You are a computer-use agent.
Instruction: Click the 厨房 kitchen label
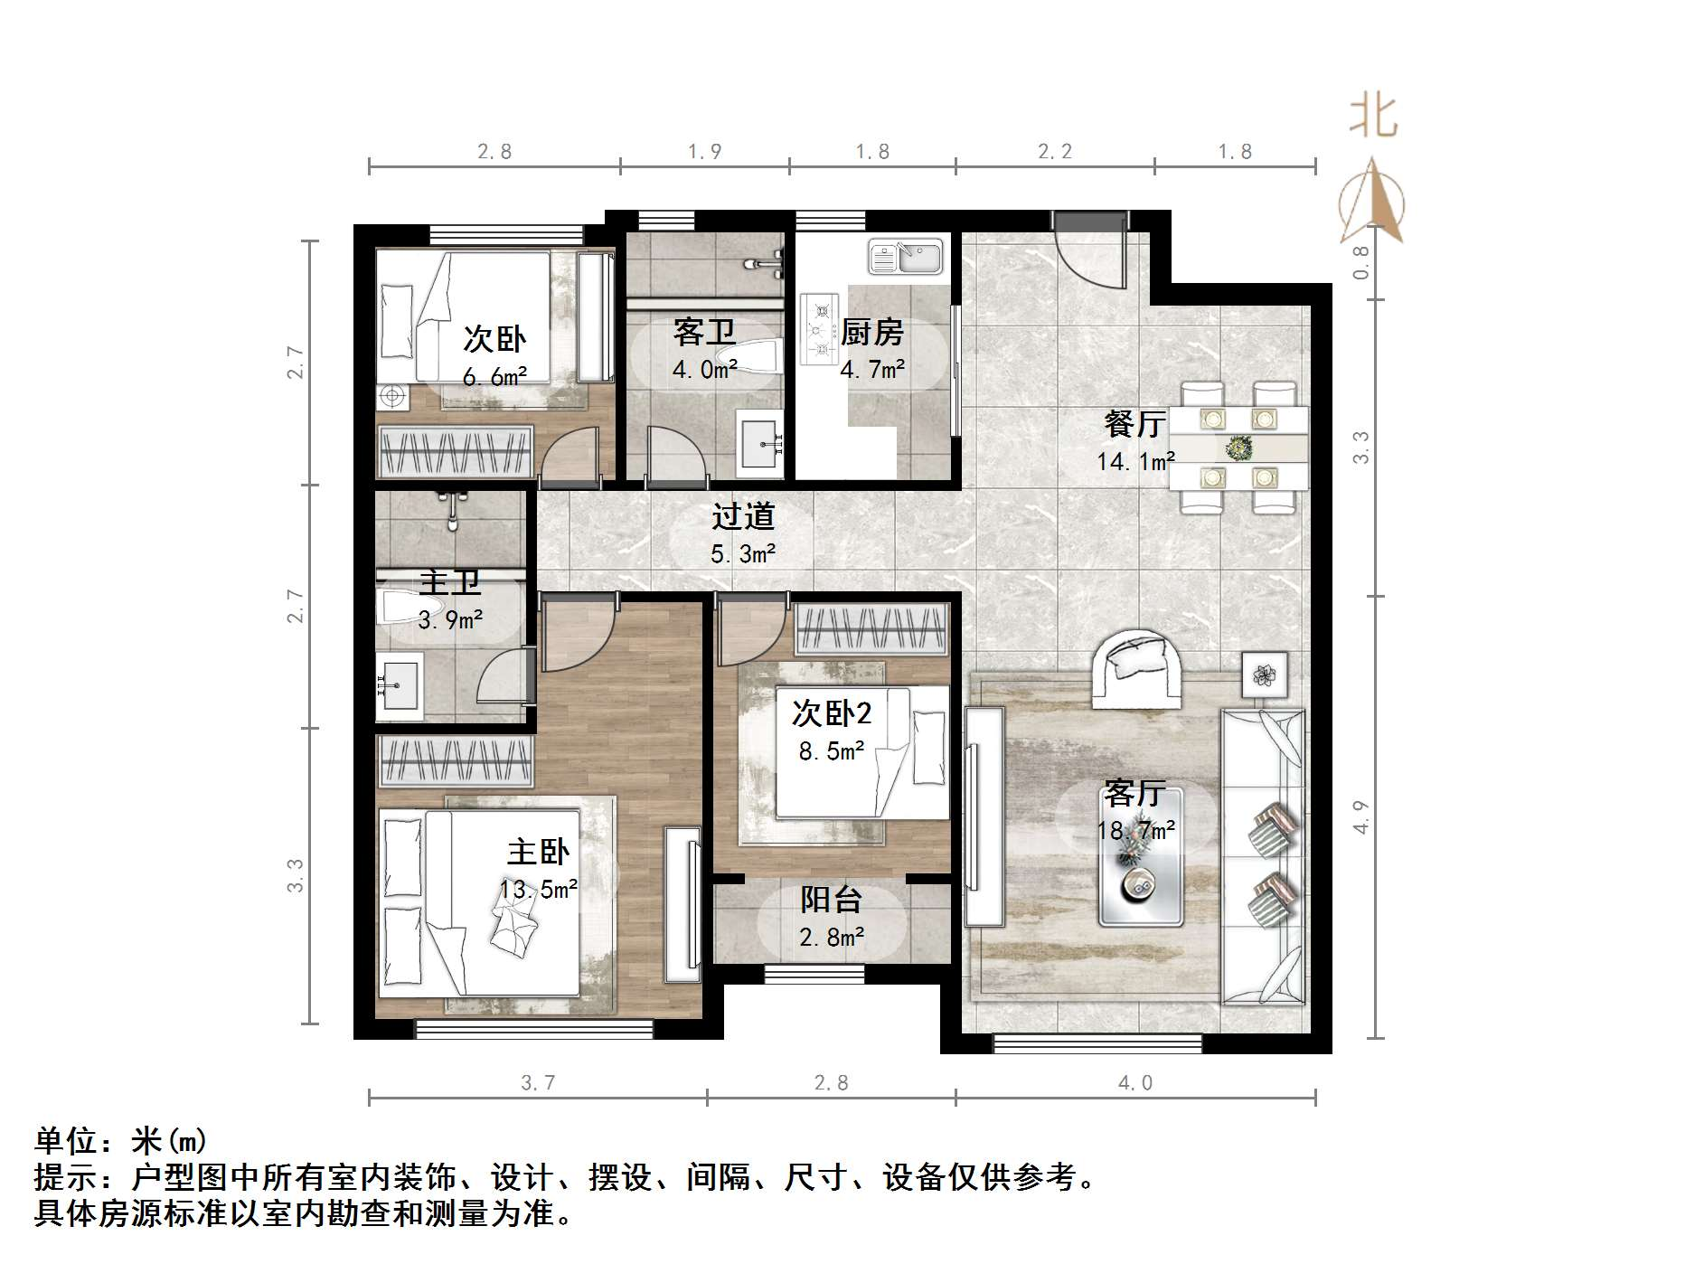871,333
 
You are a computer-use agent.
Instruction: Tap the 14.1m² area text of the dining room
1135,461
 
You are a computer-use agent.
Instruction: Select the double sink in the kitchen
905,256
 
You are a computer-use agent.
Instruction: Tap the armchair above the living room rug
1136,669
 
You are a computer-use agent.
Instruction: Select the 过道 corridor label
743,516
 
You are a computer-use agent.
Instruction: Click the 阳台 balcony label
831,900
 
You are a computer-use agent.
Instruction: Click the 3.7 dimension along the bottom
538,1083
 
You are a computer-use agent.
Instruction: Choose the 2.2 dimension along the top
1054,152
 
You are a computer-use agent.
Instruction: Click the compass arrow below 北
1372,203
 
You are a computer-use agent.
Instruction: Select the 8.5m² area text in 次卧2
831,750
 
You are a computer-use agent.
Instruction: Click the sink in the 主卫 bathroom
398,685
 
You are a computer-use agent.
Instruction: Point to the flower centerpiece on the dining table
1238,447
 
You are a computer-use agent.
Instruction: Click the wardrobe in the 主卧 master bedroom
455,759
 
